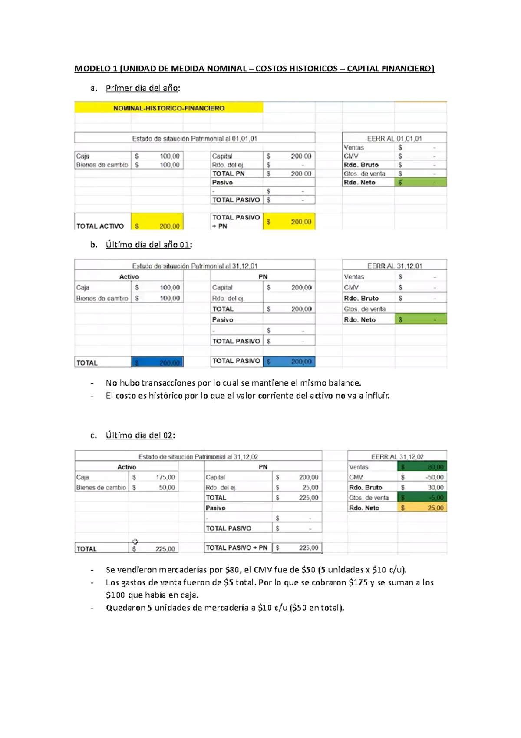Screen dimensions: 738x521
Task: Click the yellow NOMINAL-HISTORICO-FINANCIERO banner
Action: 169,108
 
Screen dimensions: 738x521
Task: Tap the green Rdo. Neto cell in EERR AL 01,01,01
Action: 420,183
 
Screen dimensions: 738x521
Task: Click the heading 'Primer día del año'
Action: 142,88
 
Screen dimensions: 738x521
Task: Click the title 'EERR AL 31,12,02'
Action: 397,457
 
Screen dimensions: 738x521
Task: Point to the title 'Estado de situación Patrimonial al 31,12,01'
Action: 195,266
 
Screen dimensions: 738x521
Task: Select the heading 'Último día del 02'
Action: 140,435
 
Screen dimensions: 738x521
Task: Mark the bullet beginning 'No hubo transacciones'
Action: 233,383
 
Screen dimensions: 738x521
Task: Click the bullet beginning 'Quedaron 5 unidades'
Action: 224,608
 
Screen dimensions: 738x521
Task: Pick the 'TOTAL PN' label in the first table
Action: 228,173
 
